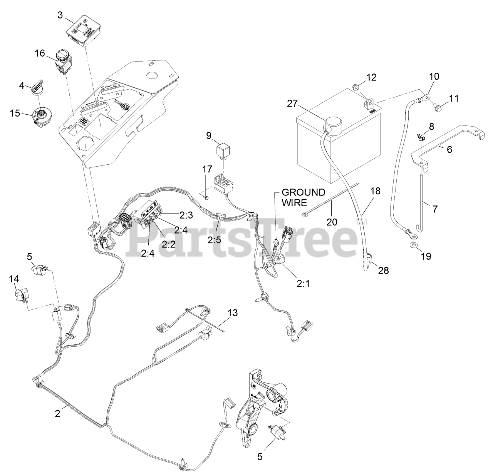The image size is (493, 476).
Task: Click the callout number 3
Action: [x=60, y=15]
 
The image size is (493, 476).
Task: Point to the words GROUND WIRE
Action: [x=304, y=197]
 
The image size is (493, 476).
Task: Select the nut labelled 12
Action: [x=356, y=87]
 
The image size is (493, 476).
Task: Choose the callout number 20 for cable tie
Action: [x=332, y=222]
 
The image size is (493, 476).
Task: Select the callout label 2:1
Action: [x=303, y=284]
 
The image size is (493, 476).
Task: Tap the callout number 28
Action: [x=383, y=271]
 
